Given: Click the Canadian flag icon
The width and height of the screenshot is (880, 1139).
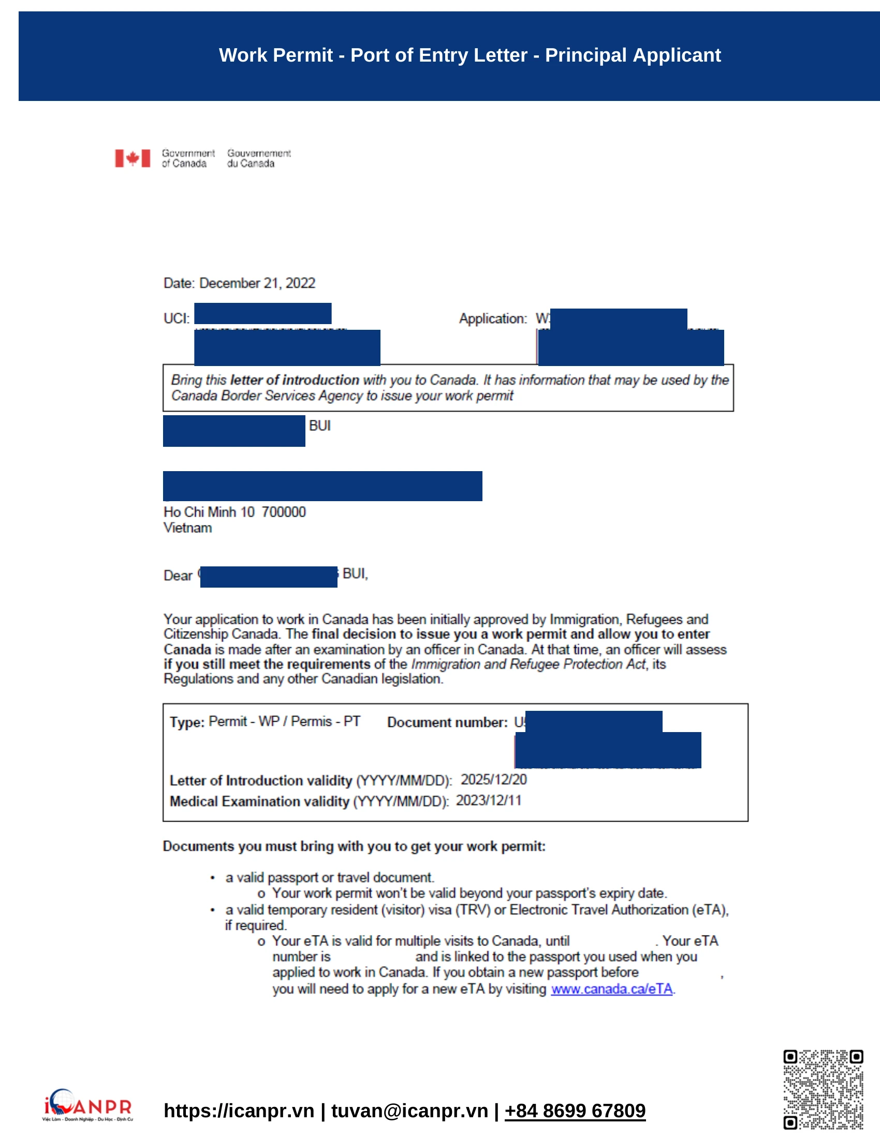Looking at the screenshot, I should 133,158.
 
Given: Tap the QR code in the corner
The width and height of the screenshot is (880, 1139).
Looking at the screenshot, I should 823,1089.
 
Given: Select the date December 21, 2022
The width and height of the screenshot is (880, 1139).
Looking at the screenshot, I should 257,283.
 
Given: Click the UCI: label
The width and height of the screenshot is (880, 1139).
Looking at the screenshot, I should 177,318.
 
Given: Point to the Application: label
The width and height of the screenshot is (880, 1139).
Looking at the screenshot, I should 493,318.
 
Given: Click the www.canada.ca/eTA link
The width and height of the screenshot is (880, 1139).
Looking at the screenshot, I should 611,989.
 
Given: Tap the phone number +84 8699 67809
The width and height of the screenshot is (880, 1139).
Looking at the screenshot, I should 575,1111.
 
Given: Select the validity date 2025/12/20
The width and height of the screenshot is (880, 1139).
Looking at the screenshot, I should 493,780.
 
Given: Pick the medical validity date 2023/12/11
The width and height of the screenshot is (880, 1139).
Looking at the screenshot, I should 488,800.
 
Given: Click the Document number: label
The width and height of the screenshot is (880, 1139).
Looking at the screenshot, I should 447,722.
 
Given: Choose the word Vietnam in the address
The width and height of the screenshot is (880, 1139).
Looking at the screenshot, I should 188,528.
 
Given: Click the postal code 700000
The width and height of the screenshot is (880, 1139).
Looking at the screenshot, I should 284,512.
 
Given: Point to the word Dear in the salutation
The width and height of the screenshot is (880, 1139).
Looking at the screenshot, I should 178,575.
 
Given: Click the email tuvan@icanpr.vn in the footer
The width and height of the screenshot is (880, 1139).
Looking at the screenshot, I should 409,1111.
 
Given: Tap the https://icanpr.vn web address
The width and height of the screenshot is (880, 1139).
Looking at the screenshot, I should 239,1111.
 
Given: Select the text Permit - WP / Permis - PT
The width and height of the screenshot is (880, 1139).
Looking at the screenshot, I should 284,721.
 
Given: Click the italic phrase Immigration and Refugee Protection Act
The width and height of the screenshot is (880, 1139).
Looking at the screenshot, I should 528,664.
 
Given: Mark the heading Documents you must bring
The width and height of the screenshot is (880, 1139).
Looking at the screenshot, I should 354,846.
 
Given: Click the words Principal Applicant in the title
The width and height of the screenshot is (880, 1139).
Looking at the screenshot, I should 633,55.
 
